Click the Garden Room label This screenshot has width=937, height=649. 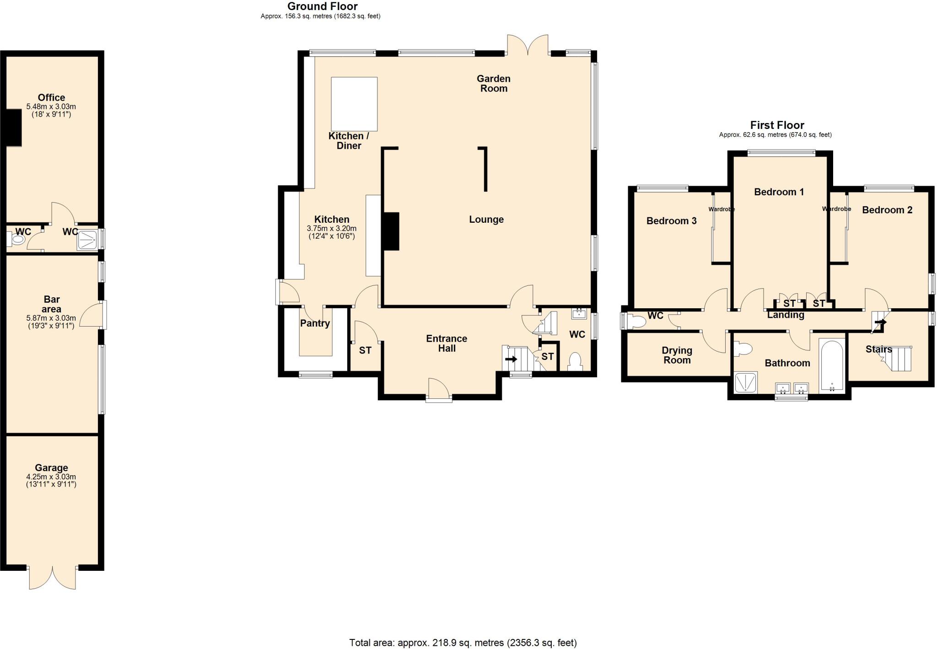(493, 84)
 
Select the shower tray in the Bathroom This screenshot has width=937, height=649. (745, 383)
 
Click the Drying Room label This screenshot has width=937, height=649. (677, 355)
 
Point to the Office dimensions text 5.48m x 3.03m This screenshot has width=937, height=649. (51, 107)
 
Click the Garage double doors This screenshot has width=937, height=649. (52, 578)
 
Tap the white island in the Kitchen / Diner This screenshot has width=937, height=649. (354, 104)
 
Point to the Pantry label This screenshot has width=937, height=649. (315, 323)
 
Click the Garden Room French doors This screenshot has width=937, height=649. (528, 45)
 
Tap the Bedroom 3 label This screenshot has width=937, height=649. (671, 221)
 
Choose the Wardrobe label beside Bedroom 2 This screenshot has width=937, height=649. (836, 209)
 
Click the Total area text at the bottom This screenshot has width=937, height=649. (463, 643)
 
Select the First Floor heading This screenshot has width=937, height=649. (777, 125)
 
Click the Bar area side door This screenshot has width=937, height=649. (93, 315)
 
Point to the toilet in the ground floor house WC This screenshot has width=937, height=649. (575, 362)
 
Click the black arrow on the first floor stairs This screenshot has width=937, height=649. (880, 322)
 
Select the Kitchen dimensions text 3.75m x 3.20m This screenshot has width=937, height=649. (331, 228)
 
